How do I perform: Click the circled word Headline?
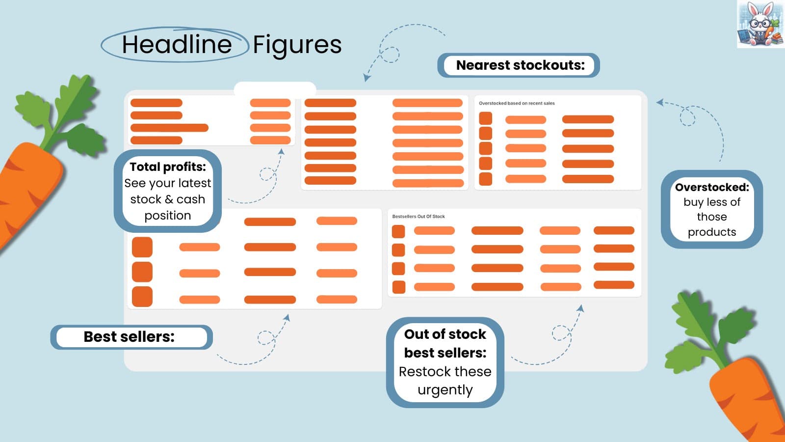coord(176,45)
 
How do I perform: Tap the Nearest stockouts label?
coord(520,65)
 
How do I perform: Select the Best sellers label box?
coord(131,337)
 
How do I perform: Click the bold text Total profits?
coord(167,167)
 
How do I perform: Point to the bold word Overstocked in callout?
coord(711,187)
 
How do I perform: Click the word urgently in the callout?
coord(445,390)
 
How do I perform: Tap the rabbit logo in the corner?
coord(760,24)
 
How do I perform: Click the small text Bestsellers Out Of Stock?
coord(418,217)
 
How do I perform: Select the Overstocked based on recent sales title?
coord(516,104)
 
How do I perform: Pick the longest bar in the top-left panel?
coord(169,128)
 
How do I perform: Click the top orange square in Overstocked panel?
coord(485,118)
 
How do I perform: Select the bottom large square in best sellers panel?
coord(142,297)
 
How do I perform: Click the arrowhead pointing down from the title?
coord(366,78)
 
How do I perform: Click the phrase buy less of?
coord(711,202)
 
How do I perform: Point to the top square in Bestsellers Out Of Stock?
coord(398,231)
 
